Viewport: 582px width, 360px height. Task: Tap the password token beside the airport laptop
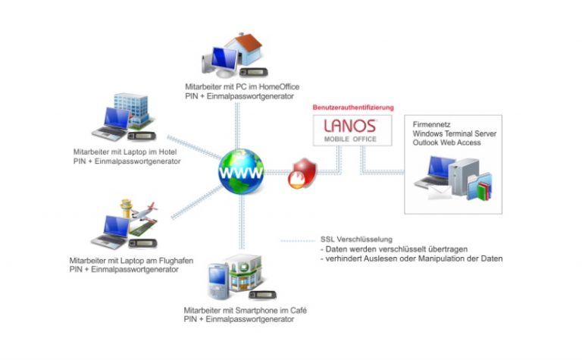point(139,243)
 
